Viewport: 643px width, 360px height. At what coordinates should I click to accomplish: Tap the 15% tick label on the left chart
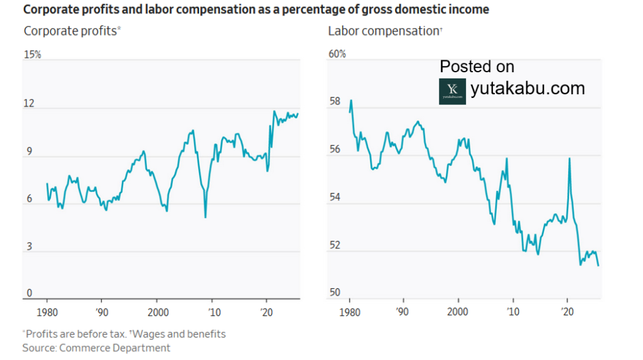33,55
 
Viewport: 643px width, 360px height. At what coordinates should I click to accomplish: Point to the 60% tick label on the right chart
337,55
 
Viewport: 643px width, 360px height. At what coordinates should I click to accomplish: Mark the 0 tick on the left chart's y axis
29,293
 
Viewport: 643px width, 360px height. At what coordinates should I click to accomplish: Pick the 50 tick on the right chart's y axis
335,293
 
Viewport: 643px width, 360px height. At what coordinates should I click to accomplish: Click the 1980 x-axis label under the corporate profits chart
47,312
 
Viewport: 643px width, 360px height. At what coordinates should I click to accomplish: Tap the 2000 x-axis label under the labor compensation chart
458,312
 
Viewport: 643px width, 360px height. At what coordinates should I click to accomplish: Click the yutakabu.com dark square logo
452,91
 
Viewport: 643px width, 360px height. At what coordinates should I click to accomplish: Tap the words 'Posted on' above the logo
477,67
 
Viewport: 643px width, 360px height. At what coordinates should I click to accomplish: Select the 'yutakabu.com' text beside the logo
527,88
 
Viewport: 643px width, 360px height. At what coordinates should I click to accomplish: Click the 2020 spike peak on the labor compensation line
569,158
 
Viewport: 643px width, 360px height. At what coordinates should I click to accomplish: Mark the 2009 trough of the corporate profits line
205,217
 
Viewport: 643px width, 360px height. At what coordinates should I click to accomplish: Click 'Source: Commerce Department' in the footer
96,347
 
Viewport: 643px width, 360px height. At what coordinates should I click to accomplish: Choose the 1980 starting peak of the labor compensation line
351,101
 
